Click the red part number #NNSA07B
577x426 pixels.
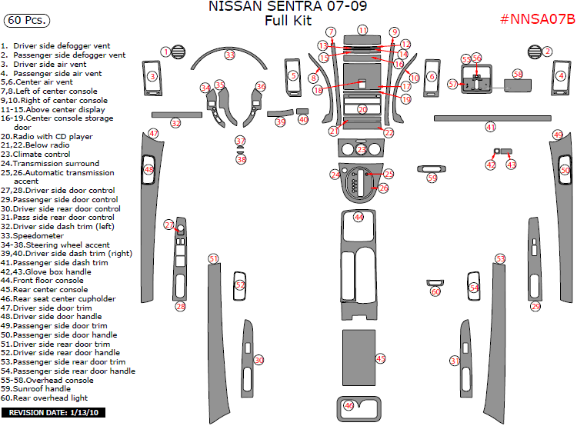[x=537, y=19]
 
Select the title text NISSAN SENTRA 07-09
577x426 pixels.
[x=288, y=7]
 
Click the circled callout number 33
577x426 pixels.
[x=229, y=55]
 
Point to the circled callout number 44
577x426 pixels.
[x=359, y=218]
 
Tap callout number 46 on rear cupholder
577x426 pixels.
[x=349, y=405]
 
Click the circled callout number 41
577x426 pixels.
[x=490, y=126]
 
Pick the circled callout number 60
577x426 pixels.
[x=435, y=291]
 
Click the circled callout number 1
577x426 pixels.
[x=165, y=52]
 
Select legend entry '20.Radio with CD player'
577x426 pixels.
[x=47, y=136]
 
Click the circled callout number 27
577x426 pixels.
[x=168, y=225]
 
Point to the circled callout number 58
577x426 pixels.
[x=517, y=74]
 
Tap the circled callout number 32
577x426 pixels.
[x=176, y=123]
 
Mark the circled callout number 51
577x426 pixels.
[x=213, y=259]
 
